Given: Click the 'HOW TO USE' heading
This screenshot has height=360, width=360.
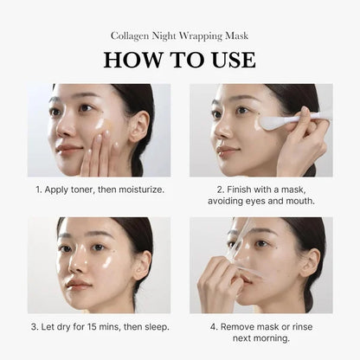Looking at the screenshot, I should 179,59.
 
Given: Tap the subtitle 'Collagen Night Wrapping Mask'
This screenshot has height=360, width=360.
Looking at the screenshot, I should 179,35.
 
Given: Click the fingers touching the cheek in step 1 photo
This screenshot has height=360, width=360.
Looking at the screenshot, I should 97,147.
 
